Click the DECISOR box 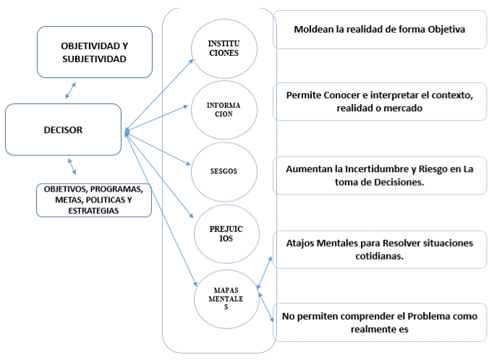pyautogui.click(x=64, y=129)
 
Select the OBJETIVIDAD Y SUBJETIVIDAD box pyautogui.click(x=95, y=52)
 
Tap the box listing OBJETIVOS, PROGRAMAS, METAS pyautogui.click(x=94, y=200)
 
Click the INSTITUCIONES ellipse pyautogui.click(x=224, y=48)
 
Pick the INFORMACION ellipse pyautogui.click(x=224, y=110)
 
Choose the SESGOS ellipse pyautogui.click(x=224, y=171)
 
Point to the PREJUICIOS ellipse pyautogui.click(x=226, y=233)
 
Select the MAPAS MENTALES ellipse pyautogui.click(x=226, y=299)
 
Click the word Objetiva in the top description pyautogui.click(x=446, y=30)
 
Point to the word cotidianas pyautogui.click(x=379, y=256)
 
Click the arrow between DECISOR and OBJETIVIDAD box pyautogui.click(x=71, y=90)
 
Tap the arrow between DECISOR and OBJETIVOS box pyautogui.click(x=72, y=166)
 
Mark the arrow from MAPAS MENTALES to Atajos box pyautogui.click(x=264, y=273)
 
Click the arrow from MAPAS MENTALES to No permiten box pyautogui.click(x=266, y=307)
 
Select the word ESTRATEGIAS pyautogui.click(x=93, y=210)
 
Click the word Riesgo pyautogui.click(x=433, y=169)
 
